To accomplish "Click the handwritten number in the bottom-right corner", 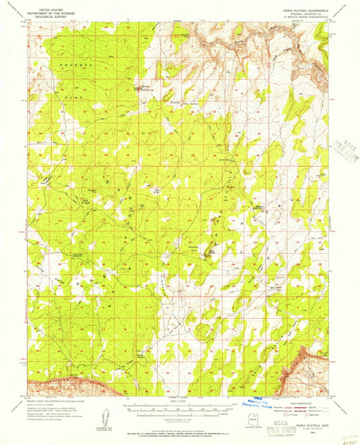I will pyautogui.click(x=343, y=438).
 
